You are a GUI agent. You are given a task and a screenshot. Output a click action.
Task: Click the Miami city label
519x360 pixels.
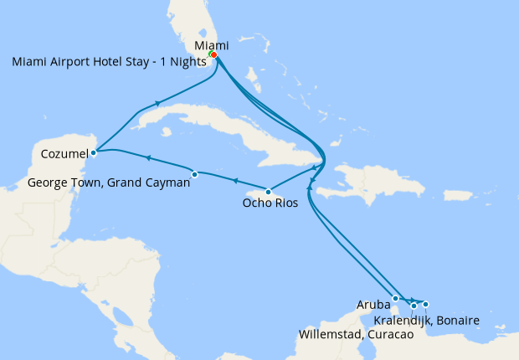(211, 44)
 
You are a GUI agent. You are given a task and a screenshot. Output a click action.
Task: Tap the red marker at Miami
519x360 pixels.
(214, 55)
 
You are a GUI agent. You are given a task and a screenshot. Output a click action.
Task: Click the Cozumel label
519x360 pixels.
(64, 153)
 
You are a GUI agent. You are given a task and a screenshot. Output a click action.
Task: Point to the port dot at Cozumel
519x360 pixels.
(94, 152)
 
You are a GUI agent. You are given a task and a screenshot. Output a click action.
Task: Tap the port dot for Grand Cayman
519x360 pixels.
(195, 174)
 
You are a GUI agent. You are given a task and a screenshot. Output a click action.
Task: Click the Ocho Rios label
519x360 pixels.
(270, 202)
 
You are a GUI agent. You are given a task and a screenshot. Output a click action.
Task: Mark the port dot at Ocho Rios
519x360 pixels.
(268, 192)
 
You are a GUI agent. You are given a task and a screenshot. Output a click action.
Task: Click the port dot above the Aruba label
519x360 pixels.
(395, 298)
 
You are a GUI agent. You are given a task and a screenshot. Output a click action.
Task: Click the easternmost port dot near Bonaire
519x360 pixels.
(425, 304)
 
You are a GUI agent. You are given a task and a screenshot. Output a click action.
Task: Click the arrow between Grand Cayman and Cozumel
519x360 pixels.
(147, 157)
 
